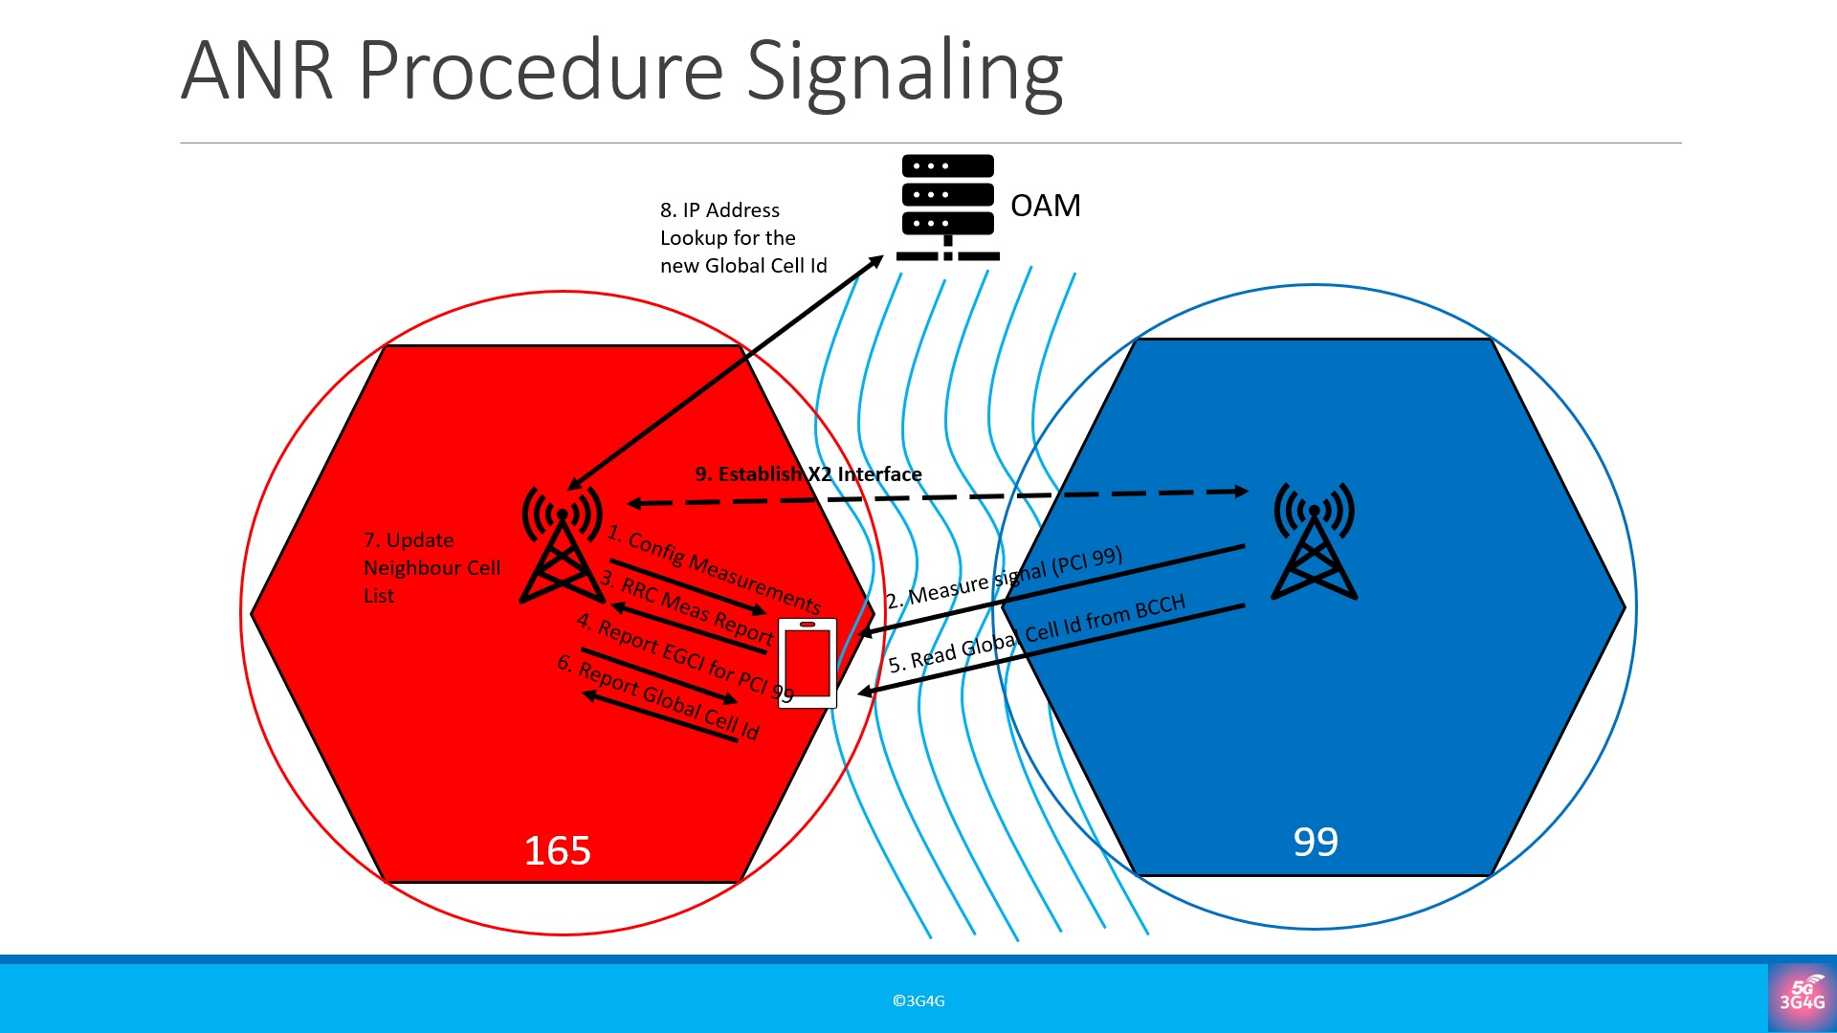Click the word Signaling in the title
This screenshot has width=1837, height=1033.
[x=904, y=71]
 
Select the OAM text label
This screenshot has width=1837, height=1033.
[x=1045, y=206]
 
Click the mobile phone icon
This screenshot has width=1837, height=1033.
[x=808, y=663]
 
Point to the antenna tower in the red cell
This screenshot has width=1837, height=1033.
[x=562, y=544]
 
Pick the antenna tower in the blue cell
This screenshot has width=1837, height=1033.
[x=1314, y=540]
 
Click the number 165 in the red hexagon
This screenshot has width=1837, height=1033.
[x=557, y=850]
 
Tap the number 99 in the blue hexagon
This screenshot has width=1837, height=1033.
[x=1316, y=842]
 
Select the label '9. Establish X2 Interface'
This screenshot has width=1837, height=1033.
[x=808, y=473]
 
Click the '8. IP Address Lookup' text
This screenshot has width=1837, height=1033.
[x=742, y=237]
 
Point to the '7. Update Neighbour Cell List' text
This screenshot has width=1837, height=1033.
[x=431, y=567]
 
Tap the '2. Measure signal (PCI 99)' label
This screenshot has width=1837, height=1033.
[x=1004, y=578]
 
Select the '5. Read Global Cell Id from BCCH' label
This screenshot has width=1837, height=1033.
[x=1036, y=633]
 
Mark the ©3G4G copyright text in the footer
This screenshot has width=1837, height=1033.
[x=918, y=1000]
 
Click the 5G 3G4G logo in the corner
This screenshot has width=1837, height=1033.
[x=1802, y=997]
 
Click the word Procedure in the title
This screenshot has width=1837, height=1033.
[x=541, y=71]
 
